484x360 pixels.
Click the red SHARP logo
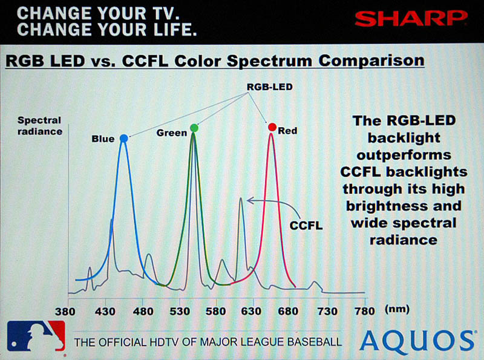[x=411, y=19]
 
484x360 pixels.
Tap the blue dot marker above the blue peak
[x=124, y=139]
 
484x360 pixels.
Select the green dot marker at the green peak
[x=194, y=128]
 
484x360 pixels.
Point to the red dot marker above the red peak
[x=272, y=127]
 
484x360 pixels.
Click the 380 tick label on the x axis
[x=65, y=311]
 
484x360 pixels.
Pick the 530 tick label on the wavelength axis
[x=180, y=311]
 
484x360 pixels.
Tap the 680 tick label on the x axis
[x=288, y=311]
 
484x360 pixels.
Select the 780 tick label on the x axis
[x=365, y=311]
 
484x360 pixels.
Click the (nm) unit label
[x=397, y=309]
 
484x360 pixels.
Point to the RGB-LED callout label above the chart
[x=269, y=87]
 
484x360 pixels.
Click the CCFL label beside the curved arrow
[x=306, y=226]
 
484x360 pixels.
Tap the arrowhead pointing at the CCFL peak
[x=250, y=201]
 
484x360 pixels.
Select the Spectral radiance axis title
[x=40, y=126]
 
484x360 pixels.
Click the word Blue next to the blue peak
[x=103, y=139]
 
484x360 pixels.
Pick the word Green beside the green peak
[x=172, y=133]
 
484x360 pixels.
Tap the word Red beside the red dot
[x=287, y=131]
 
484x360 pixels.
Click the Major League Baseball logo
[x=36, y=336]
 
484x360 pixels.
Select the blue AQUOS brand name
[x=417, y=342]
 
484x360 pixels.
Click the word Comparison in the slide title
[x=371, y=61]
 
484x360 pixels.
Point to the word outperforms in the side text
[x=404, y=155]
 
